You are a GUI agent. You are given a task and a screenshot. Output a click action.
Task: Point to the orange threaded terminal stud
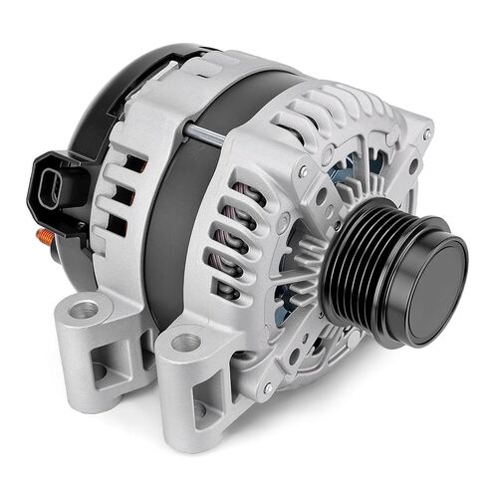pyautogui.click(x=46, y=237)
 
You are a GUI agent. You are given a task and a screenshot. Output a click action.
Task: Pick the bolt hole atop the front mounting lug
pyautogui.click(x=185, y=344)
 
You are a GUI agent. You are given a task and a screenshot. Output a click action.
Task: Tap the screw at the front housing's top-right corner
pyautogui.click(x=427, y=133)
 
